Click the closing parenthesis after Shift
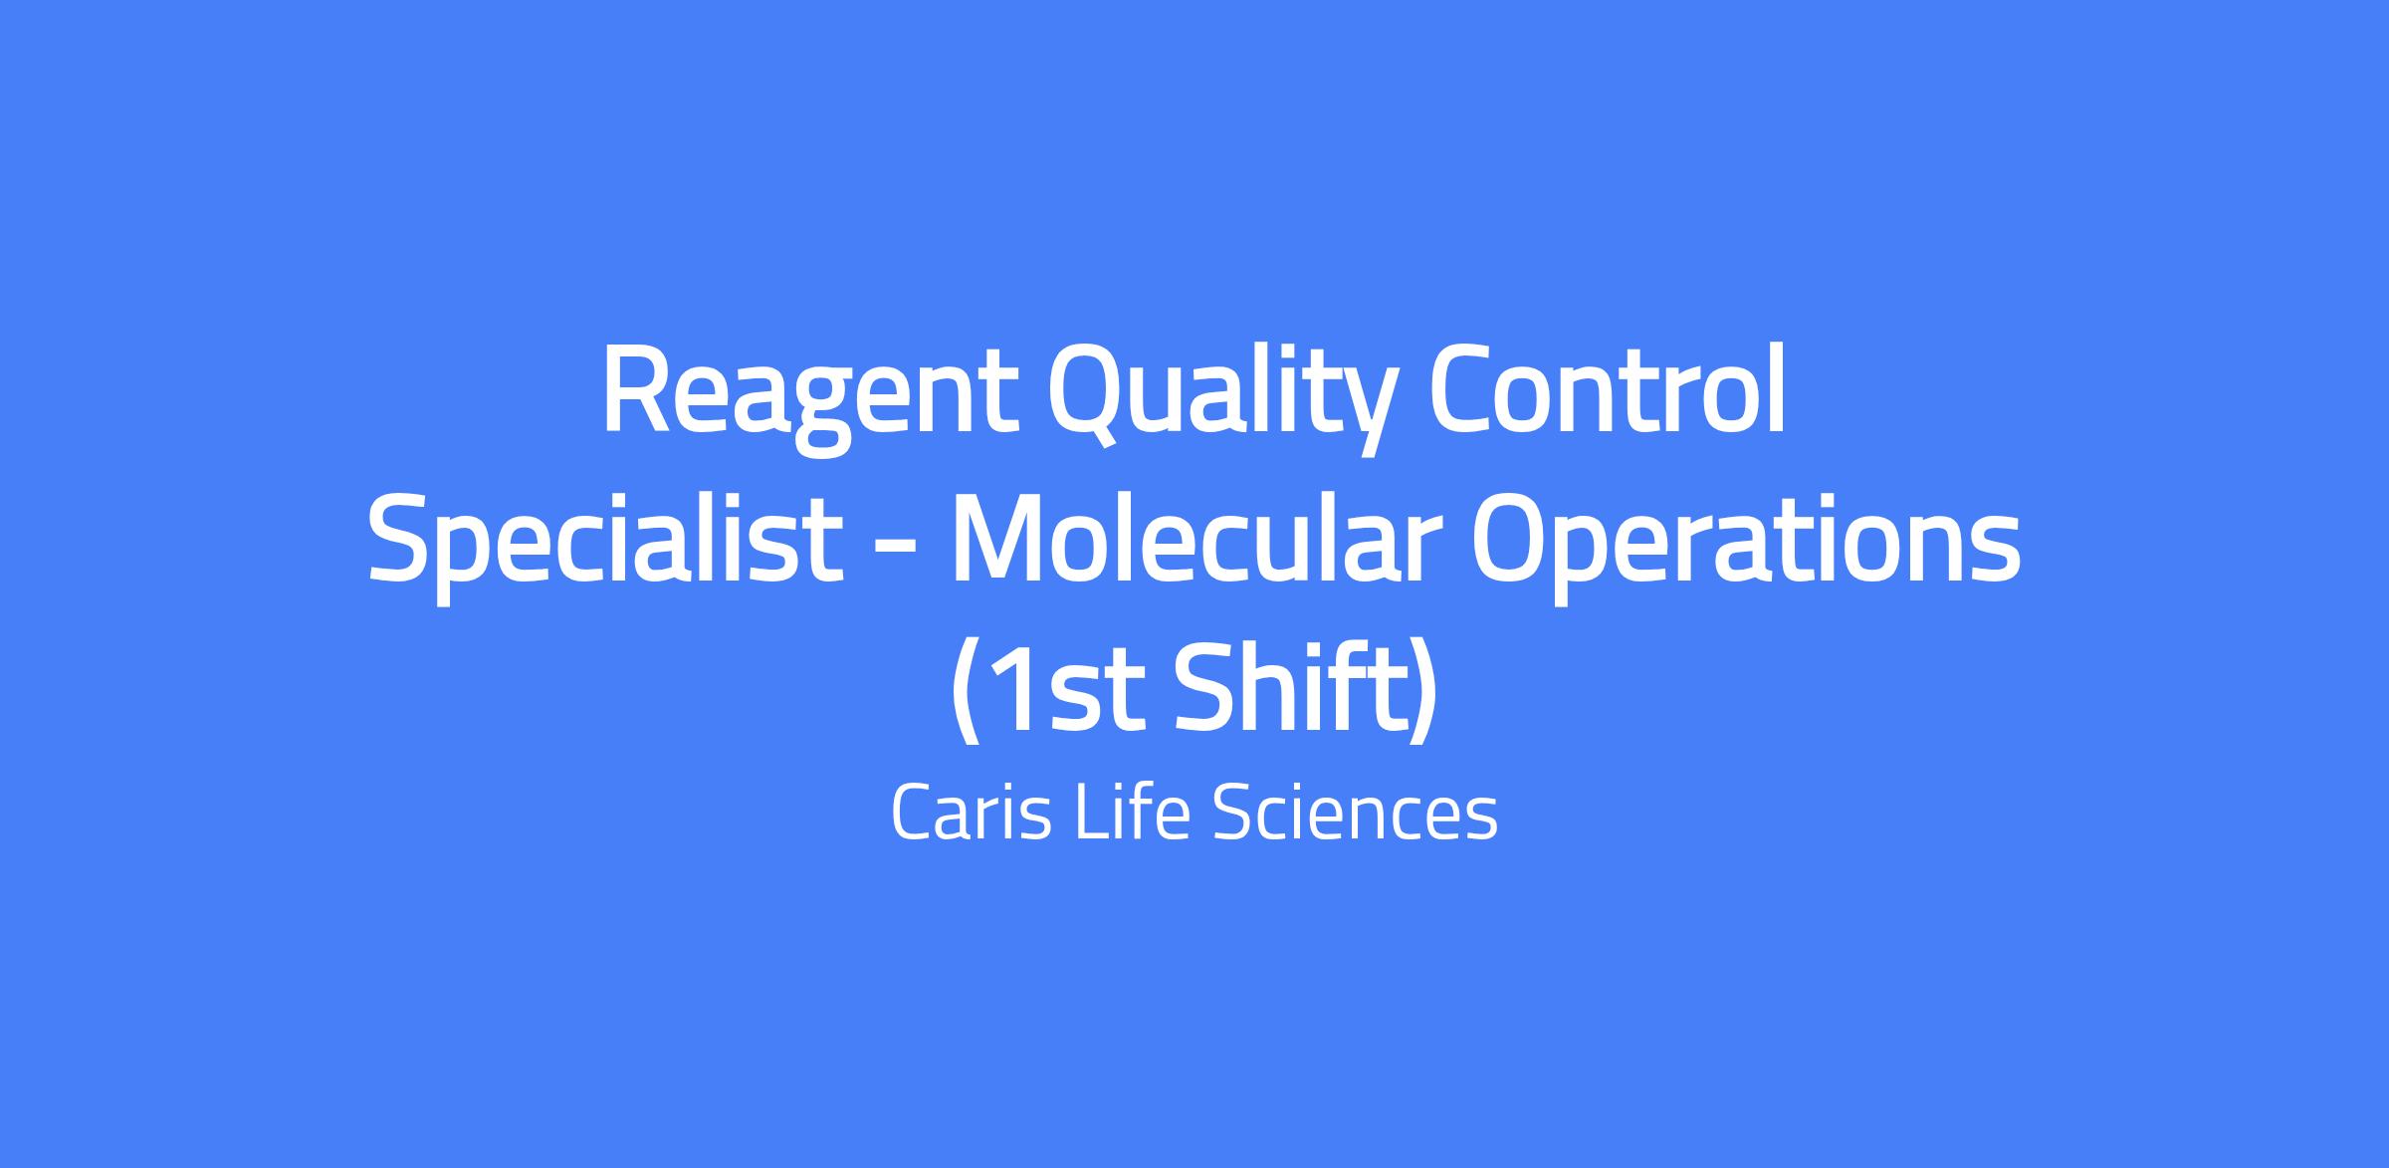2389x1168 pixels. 1421,693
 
